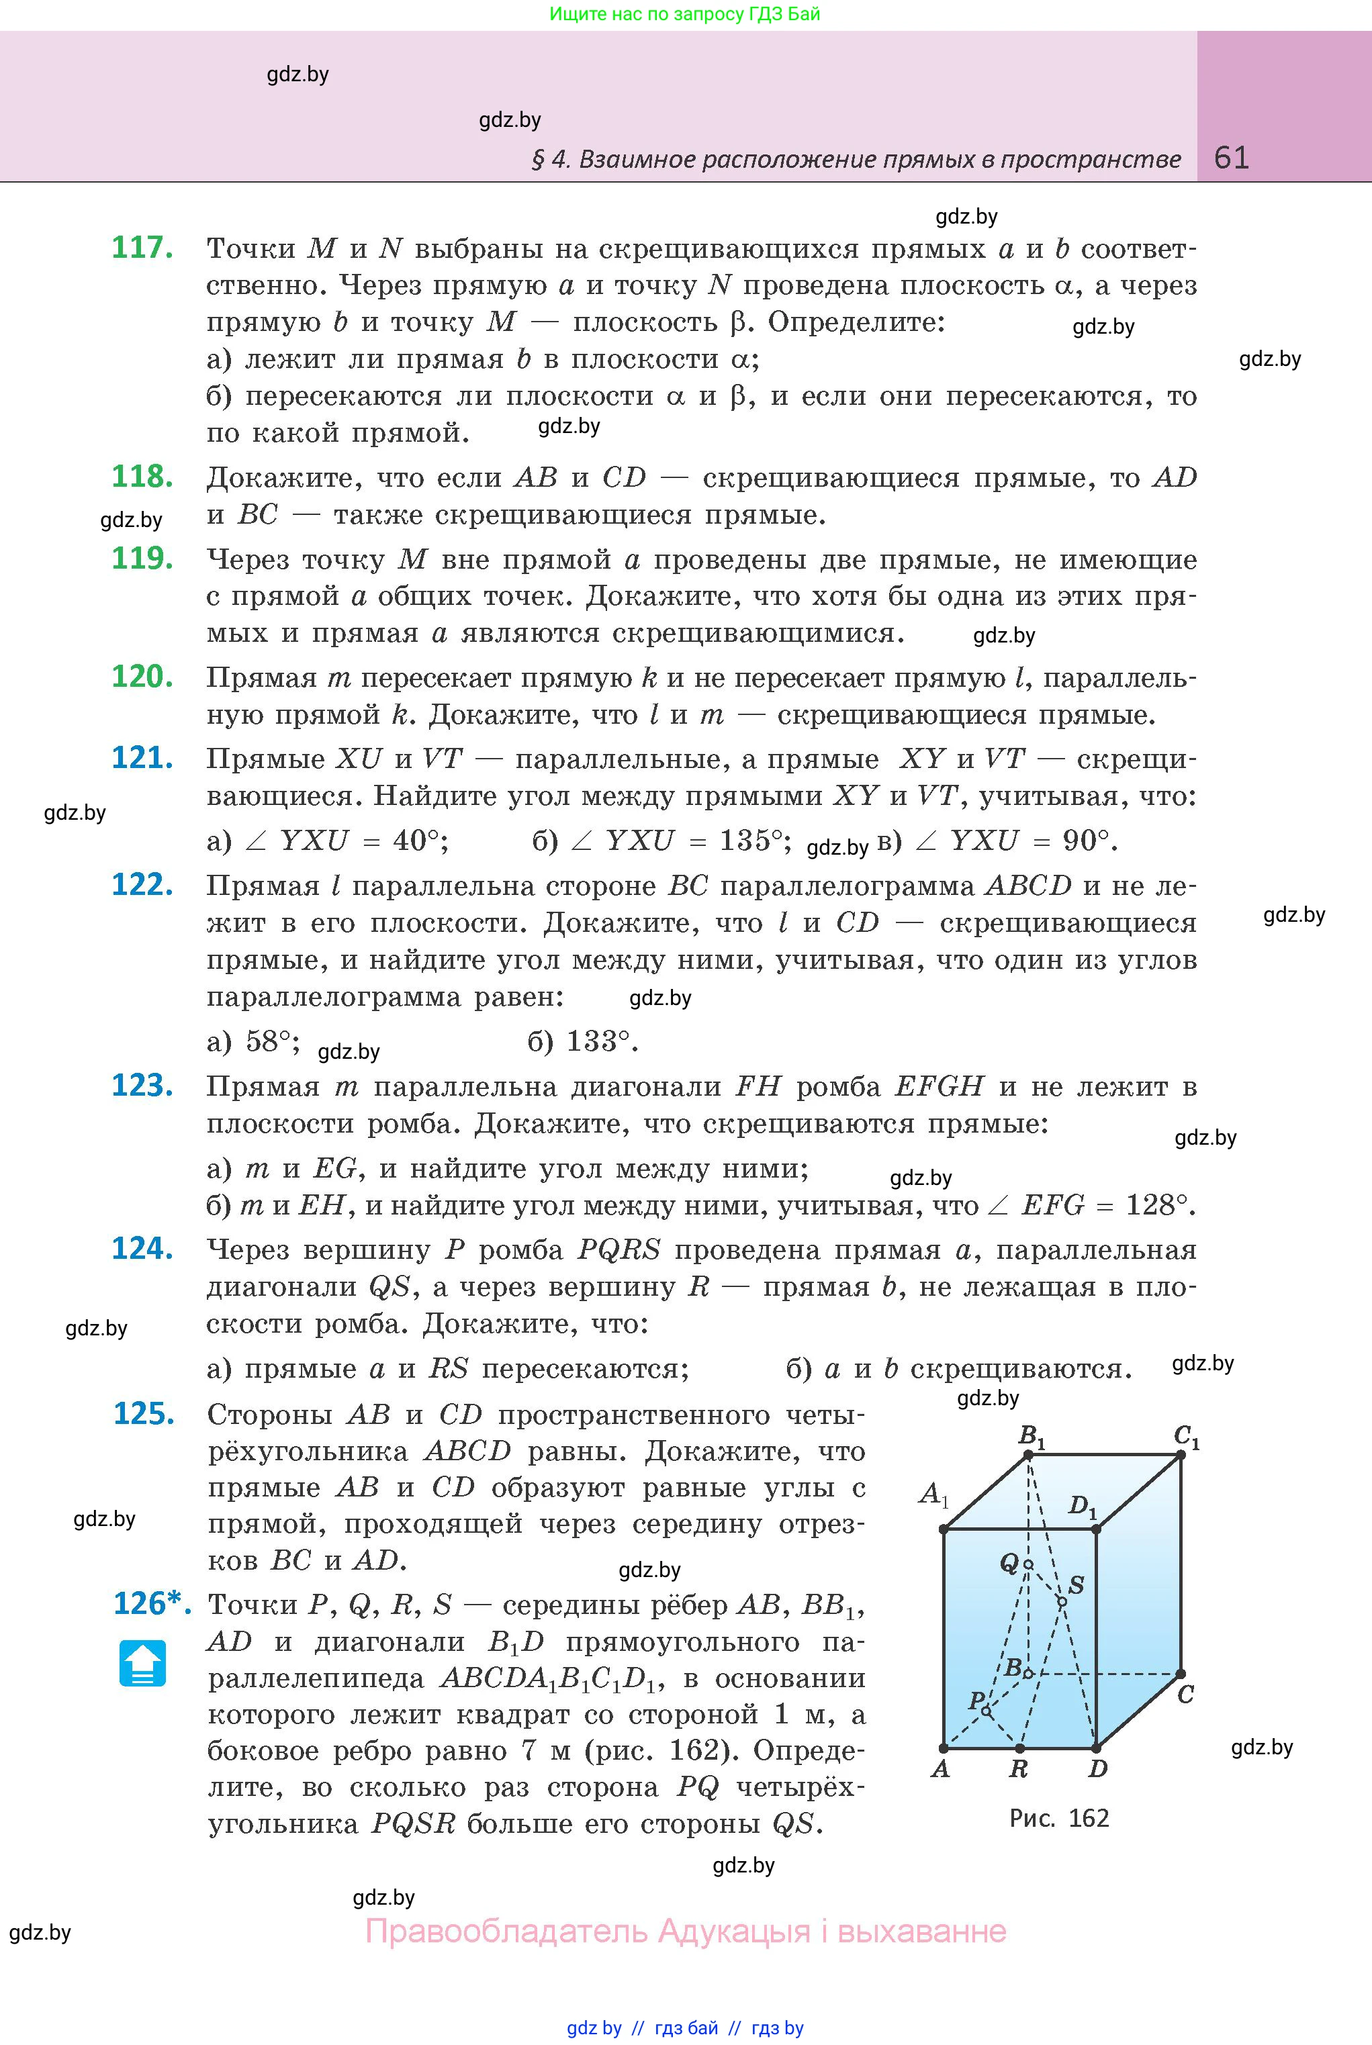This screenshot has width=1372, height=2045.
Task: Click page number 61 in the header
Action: click(x=1231, y=158)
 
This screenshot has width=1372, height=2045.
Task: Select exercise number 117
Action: click(x=142, y=248)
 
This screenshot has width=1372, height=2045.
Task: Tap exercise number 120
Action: click(x=142, y=676)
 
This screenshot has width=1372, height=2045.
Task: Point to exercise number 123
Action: click(x=142, y=1085)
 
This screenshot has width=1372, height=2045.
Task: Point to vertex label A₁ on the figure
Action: click(x=933, y=1494)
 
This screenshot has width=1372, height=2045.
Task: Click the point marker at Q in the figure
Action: click(x=1028, y=1564)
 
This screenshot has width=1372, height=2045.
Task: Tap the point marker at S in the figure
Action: click(x=1061, y=1601)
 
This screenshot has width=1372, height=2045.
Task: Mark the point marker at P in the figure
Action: click(x=986, y=1711)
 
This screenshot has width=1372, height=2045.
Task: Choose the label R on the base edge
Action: click(x=1019, y=1768)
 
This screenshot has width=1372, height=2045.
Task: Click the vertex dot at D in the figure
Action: click(x=1095, y=1748)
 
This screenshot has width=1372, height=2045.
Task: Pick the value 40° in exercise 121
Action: click(x=416, y=841)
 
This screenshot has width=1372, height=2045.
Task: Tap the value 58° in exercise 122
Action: click(x=268, y=1041)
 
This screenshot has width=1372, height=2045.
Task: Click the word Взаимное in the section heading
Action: click(x=636, y=159)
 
